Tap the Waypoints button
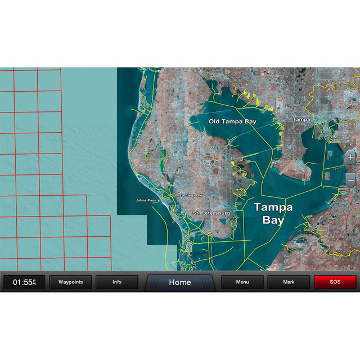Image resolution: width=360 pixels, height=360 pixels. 70,282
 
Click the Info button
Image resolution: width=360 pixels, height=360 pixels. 117,282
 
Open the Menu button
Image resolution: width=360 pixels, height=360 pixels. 242,282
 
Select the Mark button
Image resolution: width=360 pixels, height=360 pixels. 289,282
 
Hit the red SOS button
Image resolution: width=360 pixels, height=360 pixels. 335,282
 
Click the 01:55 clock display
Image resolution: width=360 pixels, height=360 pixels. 24,282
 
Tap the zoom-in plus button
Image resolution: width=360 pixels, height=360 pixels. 350,157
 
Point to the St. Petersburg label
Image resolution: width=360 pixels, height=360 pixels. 211,214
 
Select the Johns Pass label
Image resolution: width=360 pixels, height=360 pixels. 145,200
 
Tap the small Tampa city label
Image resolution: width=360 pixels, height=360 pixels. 301,119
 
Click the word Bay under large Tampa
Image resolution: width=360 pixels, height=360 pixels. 273,220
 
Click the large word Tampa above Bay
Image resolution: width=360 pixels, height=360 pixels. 273,207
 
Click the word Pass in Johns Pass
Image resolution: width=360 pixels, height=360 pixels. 152,200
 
